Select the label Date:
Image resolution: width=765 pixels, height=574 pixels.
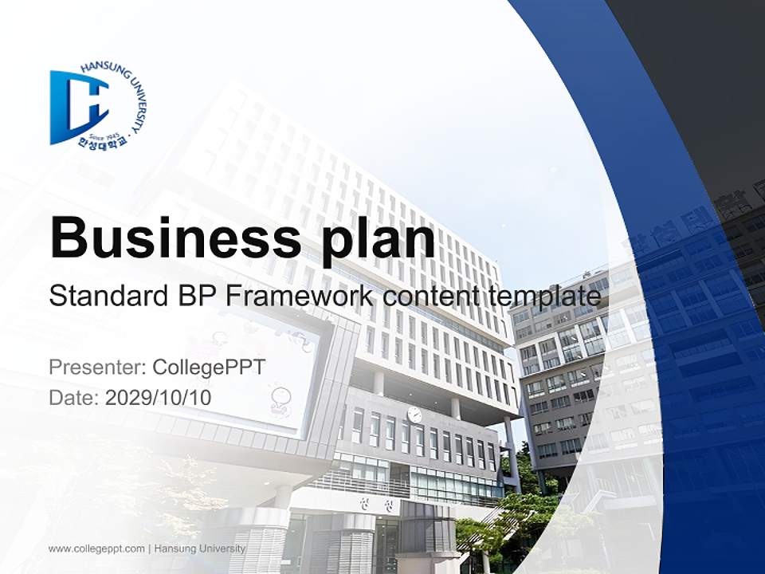pos(74,397)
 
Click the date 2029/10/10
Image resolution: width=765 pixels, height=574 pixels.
pos(159,397)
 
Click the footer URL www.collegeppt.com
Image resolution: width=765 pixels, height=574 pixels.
pos(96,548)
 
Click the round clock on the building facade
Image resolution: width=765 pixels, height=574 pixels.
pos(414,414)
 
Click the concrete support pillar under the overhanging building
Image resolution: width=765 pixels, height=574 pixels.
pos(510,454)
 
